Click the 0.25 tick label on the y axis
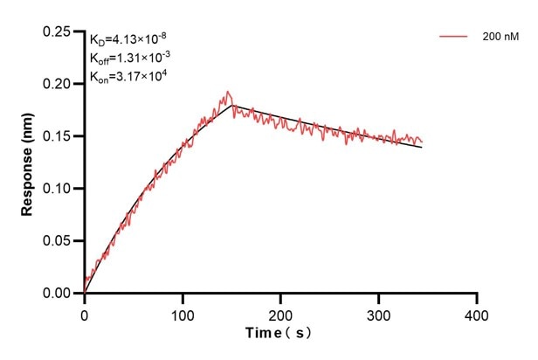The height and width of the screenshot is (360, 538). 59,31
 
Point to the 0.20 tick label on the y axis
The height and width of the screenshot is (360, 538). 59,84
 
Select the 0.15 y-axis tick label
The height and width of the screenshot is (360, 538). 59,136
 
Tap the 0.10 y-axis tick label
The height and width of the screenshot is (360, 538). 59,189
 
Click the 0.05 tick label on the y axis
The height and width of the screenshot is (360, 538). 59,241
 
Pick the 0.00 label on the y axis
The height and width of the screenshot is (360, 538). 59,294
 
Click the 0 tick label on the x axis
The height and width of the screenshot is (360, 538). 85,312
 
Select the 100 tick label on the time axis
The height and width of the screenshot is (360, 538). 183,312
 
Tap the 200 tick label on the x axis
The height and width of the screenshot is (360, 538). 280,312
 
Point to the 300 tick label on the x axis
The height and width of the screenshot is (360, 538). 378,312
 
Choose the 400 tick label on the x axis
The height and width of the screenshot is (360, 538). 476,312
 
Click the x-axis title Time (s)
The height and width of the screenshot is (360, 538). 279,334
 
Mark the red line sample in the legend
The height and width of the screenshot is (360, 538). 454,37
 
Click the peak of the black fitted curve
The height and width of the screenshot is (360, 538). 231,105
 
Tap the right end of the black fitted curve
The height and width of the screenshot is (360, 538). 422,147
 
